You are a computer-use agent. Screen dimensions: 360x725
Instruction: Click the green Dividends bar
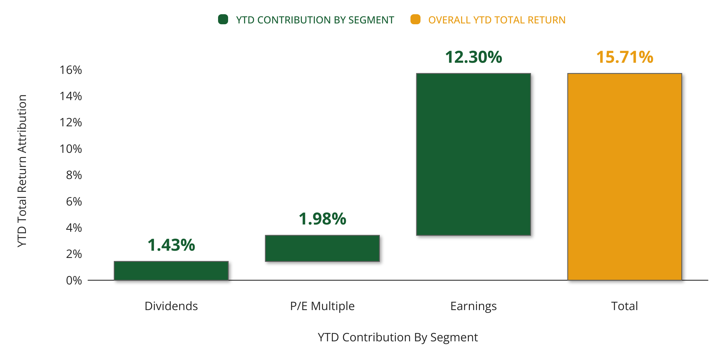pos(171,270)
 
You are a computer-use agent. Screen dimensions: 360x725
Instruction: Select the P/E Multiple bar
pos(322,248)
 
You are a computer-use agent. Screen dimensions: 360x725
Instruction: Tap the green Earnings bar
pos(473,154)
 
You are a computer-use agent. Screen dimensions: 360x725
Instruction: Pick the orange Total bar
pos(625,177)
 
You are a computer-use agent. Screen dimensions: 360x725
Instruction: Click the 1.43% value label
pos(171,245)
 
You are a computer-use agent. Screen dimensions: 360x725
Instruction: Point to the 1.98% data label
pos(322,219)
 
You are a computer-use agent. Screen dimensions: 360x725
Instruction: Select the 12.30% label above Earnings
pos(473,57)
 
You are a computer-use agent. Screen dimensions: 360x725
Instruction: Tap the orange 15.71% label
pos(625,57)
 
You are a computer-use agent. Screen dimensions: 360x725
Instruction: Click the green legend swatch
pos(223,20)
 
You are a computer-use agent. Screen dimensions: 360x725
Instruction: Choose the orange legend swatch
pos(415,20)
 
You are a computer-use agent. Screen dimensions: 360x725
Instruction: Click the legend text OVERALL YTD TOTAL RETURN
pos(497,20)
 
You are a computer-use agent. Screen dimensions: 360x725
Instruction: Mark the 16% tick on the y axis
pos(71,70)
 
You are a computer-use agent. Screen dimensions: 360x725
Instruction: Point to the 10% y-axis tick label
pos(71,149)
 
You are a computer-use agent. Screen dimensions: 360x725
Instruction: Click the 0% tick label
pos(74,280)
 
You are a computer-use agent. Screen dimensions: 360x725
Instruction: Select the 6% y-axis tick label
pos(74,202)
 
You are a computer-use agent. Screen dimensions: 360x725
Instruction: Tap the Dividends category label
pos(171,306)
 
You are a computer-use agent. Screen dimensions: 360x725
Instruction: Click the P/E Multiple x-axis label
pos(322,306)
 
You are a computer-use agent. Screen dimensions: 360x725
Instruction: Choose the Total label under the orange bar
pos(625,306)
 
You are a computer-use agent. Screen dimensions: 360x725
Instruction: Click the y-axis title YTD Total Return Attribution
pos(22,171)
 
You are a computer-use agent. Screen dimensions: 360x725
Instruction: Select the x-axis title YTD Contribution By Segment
pos(398,337)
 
